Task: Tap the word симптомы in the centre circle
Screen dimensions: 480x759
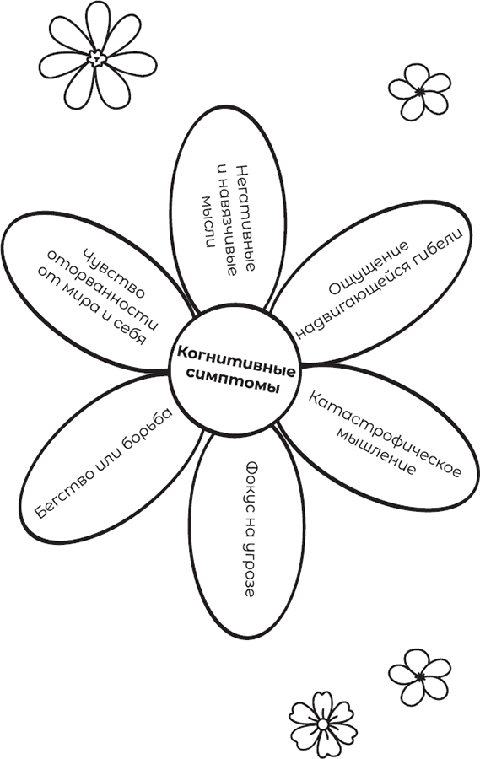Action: (x=235, y=382)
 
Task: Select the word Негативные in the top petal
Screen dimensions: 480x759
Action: (x=245, y=218)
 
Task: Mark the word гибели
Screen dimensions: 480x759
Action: (x=436, y=245)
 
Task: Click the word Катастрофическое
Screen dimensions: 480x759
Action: (x=385, y=435)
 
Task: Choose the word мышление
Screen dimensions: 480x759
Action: (x=376, y=451)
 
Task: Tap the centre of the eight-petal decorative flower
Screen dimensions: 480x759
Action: (x=97, y=58)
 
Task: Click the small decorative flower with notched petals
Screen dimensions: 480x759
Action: (x=323, y=724)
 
